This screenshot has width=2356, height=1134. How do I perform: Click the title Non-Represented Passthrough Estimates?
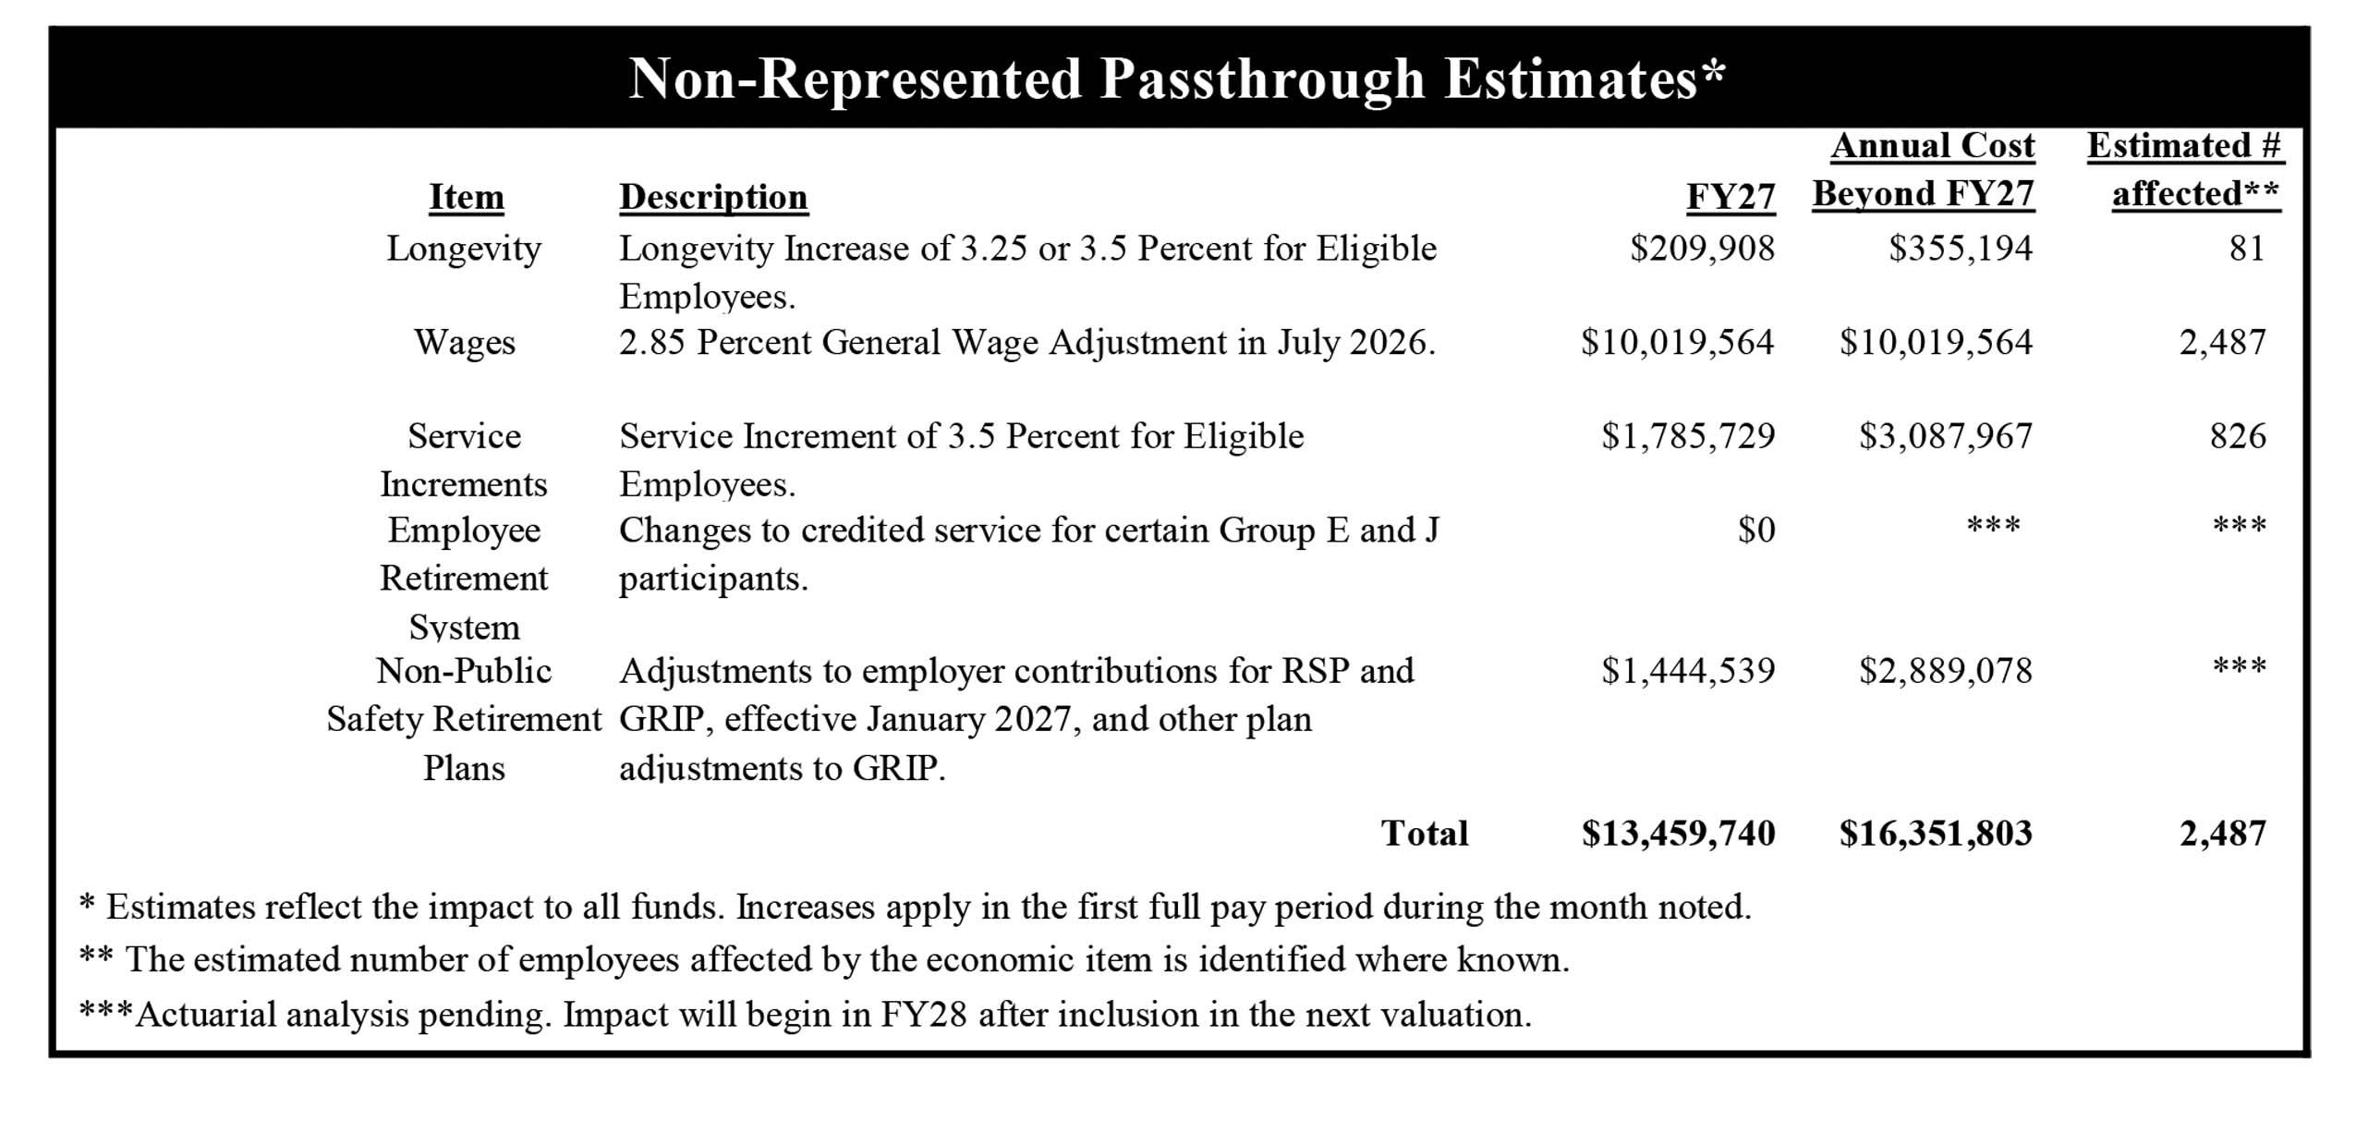point(1176,79)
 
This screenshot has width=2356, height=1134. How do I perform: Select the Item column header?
point(467,198)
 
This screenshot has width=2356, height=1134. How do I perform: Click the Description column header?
point(713,198)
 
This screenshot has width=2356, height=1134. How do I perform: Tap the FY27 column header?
point(1730,198)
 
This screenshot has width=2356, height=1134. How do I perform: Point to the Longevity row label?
point(464,249)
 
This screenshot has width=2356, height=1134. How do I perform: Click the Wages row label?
point(464,343)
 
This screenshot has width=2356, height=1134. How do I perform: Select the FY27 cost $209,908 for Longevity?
point(1702,249)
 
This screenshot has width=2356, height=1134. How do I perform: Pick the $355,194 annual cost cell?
point(1960,249)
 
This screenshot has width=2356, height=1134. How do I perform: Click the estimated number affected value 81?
point(2246,249)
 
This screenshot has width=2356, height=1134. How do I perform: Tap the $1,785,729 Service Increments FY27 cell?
point(1688,436)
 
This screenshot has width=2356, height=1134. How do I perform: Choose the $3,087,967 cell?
point(1946,436)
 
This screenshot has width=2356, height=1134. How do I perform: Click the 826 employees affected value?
point(2238,436)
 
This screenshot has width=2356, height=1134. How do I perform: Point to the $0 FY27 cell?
point(1755,530)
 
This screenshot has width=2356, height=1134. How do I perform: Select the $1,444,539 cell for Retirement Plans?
point(1688,671)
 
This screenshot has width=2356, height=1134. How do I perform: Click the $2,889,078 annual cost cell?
point(1946,671)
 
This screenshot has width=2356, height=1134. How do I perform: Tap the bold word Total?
point(1424,834)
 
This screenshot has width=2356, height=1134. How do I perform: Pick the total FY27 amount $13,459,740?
point(1678,834)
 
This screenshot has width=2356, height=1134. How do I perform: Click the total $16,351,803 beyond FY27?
point(1936,834)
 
